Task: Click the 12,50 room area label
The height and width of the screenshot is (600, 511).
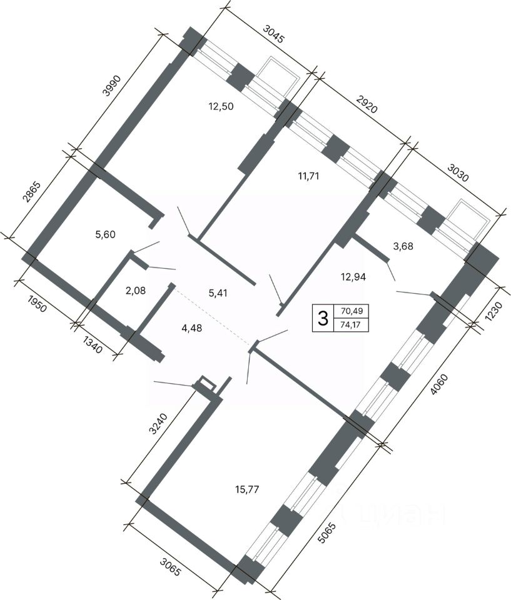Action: [x=221, y=106]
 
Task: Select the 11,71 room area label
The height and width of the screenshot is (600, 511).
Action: [x=308, y=176]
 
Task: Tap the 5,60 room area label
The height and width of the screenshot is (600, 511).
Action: [x=105, y=234]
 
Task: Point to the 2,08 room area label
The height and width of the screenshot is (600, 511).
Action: [x=136, y=291]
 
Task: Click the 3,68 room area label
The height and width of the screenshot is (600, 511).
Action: [x=403, y=246]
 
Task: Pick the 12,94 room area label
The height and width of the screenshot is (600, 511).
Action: [x=353, y=276]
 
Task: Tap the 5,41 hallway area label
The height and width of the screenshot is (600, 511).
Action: [x=217, y=293]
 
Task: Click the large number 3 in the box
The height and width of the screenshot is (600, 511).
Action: [x=323, y=318]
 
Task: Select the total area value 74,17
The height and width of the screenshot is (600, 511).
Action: [x=351, y=326]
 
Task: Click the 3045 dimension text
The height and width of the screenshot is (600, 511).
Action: [x=273, y=34]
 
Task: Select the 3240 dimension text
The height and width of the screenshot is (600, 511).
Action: [x=158, y=424]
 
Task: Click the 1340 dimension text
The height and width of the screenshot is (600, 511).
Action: [x=93, y=344]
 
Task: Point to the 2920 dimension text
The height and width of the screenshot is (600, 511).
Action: [x=367, y=104]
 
